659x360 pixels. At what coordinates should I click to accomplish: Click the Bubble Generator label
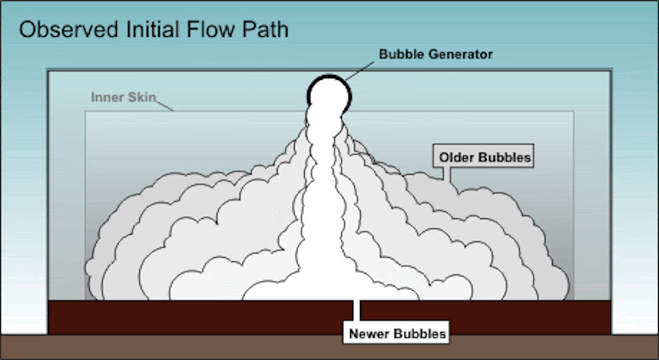[x=435, y=55]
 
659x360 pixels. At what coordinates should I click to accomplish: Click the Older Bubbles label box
[x=484, y=155]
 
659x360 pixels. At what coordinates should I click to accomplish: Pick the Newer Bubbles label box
[x=395, y=334]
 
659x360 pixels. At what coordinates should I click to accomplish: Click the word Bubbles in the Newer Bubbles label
[x=420, y=334]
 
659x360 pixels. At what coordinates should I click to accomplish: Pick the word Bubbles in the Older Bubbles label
[x=504, y=155]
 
